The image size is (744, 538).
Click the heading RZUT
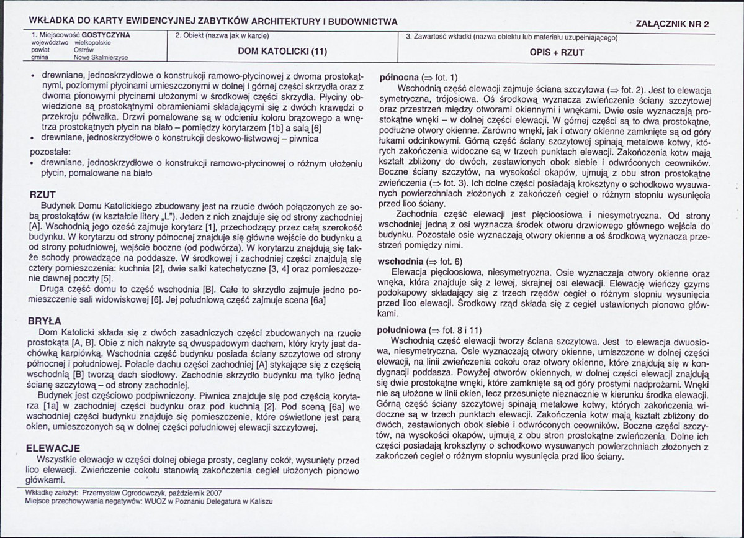pyautogui.click(x=43, y=195)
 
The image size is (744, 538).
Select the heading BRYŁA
pyautogui.click(x=45, y=322)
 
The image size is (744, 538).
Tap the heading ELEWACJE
pyautogui.click(x=53, y=449)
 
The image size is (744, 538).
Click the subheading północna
pyautogui.click(x=398, y=78)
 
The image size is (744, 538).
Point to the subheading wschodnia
pyautogui.click(x=399, y=262)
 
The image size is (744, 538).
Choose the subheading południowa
pyautogui.click(x=401, y=330)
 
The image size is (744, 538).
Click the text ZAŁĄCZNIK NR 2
pyautogui.click(x=672, y=24)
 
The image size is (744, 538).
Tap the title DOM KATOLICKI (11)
pyautogui.click(x=282, y=51)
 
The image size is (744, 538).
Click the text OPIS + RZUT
pyautogui.click(x=557, y=53)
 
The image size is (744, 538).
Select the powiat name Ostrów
pyautogui.click(x=83, y=50)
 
